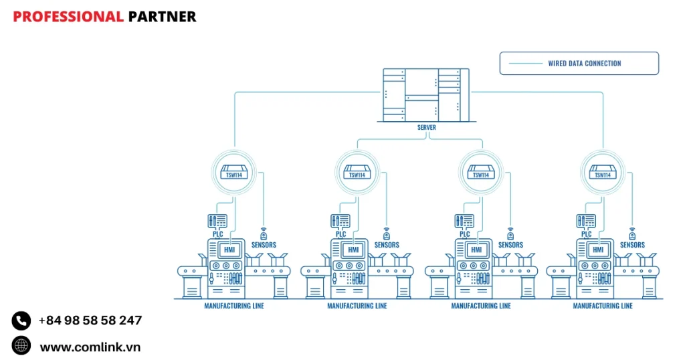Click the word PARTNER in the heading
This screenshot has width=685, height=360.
[162, 17]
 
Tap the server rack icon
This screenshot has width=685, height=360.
[426, 95]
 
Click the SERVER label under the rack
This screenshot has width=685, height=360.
[426, 128]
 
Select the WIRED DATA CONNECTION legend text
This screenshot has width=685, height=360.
[584, 64]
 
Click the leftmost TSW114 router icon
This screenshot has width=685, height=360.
[234, 172]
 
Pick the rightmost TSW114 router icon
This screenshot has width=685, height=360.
[602, 172]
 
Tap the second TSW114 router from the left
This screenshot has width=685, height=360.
[357, 172]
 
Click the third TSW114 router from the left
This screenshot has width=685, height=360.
[480, 172]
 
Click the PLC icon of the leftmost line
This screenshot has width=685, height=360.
[217, 221]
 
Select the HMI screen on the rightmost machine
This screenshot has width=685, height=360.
[599, 250]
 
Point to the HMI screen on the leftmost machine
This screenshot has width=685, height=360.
[229, 250]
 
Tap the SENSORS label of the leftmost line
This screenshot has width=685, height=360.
[264, 245]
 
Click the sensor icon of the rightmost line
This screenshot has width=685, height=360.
[632, 235]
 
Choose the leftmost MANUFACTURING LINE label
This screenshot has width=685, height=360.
[234, 306]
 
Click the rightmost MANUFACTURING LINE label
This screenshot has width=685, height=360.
[603, 306]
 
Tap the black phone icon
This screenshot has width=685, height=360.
[21, 321]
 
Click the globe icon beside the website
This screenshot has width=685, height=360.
[21, 345]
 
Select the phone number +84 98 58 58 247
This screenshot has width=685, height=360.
[90, 321]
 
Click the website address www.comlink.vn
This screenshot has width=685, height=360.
[90, 347]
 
